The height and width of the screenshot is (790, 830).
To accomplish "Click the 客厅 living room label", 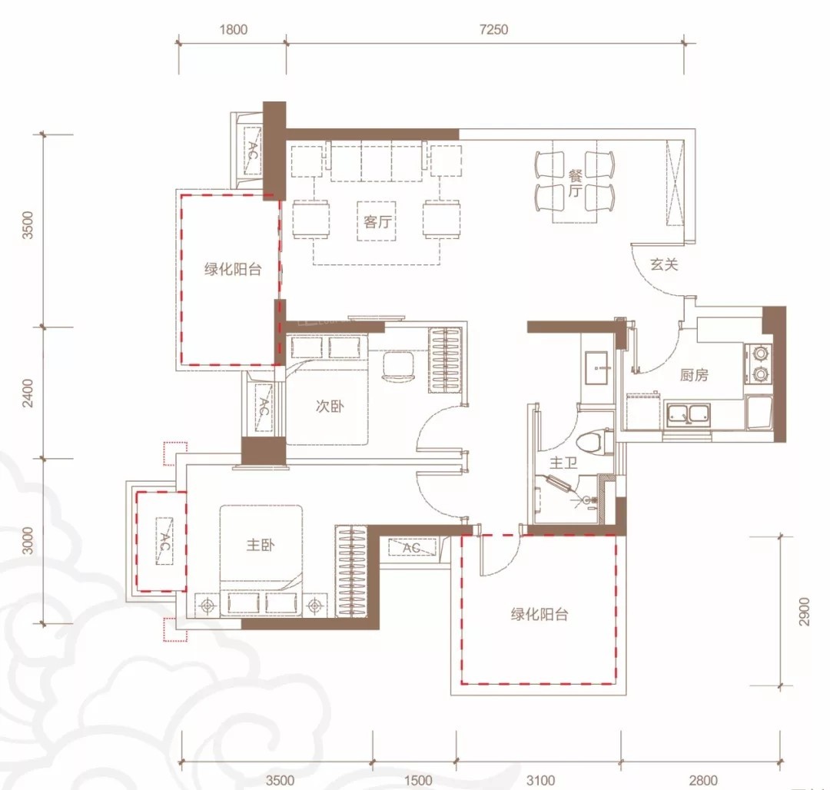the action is (377, 221).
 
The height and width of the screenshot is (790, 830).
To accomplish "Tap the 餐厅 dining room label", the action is (575, 183).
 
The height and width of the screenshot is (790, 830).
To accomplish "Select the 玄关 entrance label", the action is (664, 264).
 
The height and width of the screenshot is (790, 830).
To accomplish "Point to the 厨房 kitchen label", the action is (694, 375).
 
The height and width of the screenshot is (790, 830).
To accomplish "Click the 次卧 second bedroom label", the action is (329, 406).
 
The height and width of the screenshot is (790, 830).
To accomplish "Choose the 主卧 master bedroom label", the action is (261, 545).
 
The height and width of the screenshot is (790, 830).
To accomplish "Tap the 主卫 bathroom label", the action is (563, 463).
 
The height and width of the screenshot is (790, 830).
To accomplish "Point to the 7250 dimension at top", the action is (493, 30).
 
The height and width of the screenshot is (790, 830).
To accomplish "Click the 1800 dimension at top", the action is (234, 30).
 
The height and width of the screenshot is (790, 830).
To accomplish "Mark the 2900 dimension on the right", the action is (804, 612).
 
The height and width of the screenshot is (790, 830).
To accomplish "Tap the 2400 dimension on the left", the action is (28, 393).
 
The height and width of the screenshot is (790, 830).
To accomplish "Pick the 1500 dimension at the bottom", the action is (418, 780).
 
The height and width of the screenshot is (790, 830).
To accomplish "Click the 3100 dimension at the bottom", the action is (540, 780).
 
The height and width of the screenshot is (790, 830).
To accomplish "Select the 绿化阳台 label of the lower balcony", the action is (539, 614).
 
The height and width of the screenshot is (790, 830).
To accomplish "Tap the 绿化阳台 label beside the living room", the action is (233, 269).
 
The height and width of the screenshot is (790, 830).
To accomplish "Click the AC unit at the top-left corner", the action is (253, 151).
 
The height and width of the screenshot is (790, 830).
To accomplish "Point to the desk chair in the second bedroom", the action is (398, 366).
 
